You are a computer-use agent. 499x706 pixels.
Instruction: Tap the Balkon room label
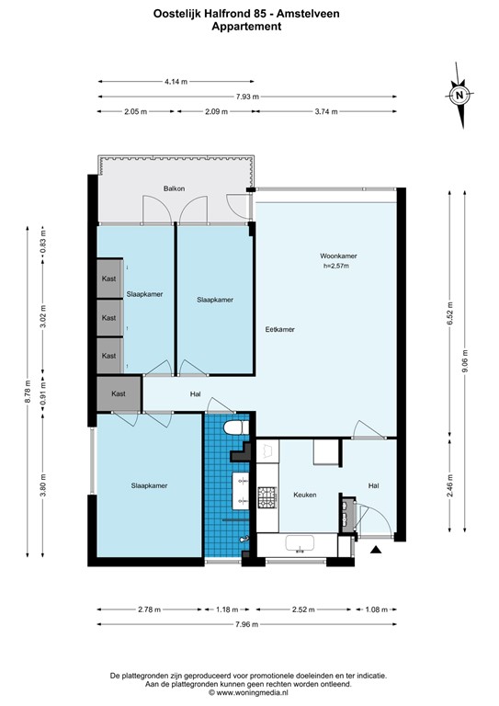[175, 188]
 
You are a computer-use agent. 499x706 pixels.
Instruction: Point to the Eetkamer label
[279, 329]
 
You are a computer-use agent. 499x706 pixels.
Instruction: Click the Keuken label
[305, 495]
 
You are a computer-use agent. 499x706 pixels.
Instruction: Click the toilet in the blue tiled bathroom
[233, 430]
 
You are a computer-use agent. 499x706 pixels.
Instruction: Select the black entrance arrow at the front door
[375, 550]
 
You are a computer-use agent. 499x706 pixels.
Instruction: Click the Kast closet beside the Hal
[119, 393]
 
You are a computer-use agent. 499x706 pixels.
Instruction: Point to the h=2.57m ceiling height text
[336, 267]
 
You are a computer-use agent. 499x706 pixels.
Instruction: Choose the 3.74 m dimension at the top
[326, 111]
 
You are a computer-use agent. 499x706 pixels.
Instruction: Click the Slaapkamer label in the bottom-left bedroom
[149, 485]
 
